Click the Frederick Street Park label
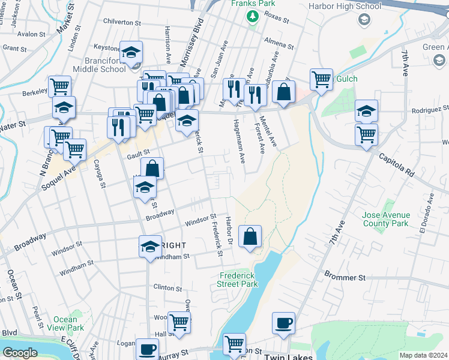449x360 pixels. [x=238, y=280]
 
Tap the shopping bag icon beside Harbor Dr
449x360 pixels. [x=250, y=236]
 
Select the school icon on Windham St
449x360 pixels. [x=150, y=246]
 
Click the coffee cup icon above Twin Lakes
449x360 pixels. [x=283, y=323]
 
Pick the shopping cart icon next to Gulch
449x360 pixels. [x=322, y=79]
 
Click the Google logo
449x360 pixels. [x=19, y=353]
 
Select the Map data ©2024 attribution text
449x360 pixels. [x=423, y=355]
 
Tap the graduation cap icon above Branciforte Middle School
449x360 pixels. [x=131, y=52]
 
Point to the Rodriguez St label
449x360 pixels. [x=430, y=110]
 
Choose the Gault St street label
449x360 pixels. [x=137, y=154]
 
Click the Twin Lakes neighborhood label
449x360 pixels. [x=288, y=356]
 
